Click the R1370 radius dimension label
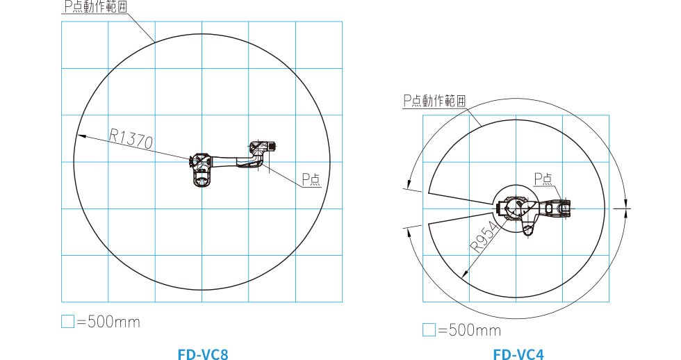click(x=131, y=138)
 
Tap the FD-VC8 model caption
click(x=203, y=354)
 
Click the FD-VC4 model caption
click(x=518, y=354)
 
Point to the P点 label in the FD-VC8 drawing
click(x=311, y=179)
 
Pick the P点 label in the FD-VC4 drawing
click(x=543, y=179)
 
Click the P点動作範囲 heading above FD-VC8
click(x=96, y=6)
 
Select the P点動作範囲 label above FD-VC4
click(x=434, y=101)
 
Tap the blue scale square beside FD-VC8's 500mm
click(x=68, y=321)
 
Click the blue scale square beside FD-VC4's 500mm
click(x=429, y=329)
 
